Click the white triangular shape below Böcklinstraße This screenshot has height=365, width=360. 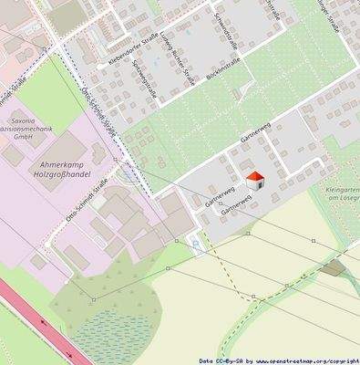[242, 91]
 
